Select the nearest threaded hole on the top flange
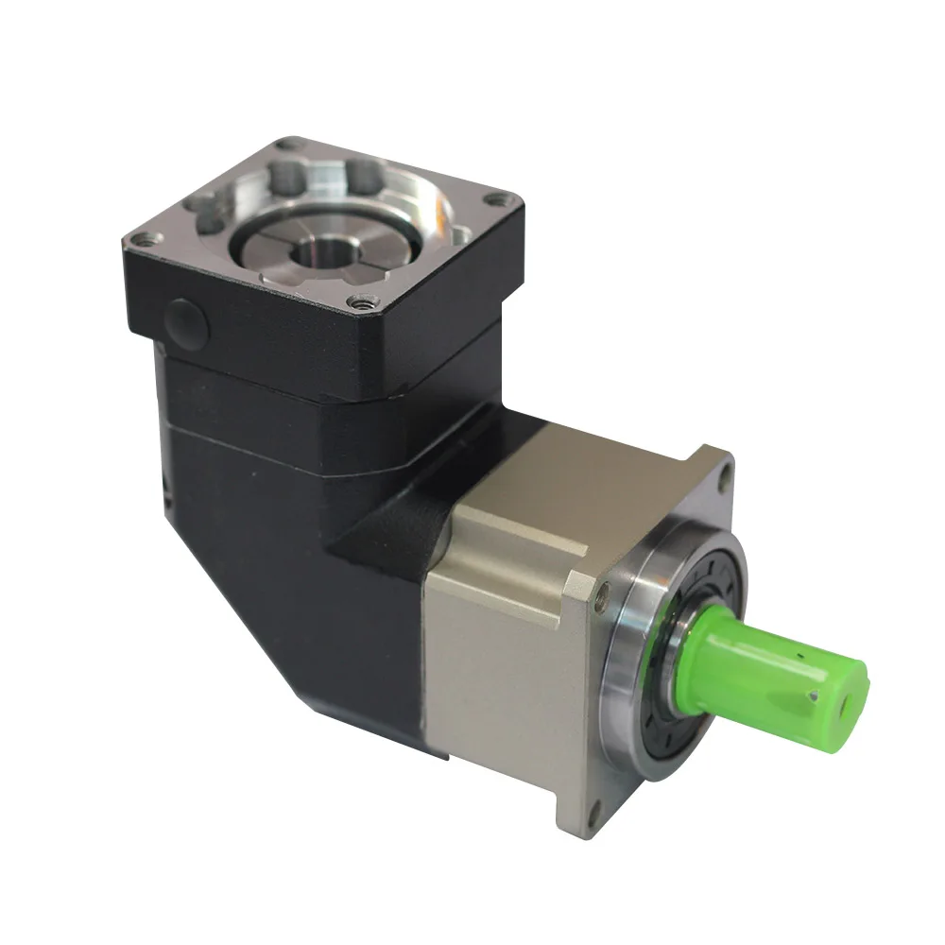pos(360,302)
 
